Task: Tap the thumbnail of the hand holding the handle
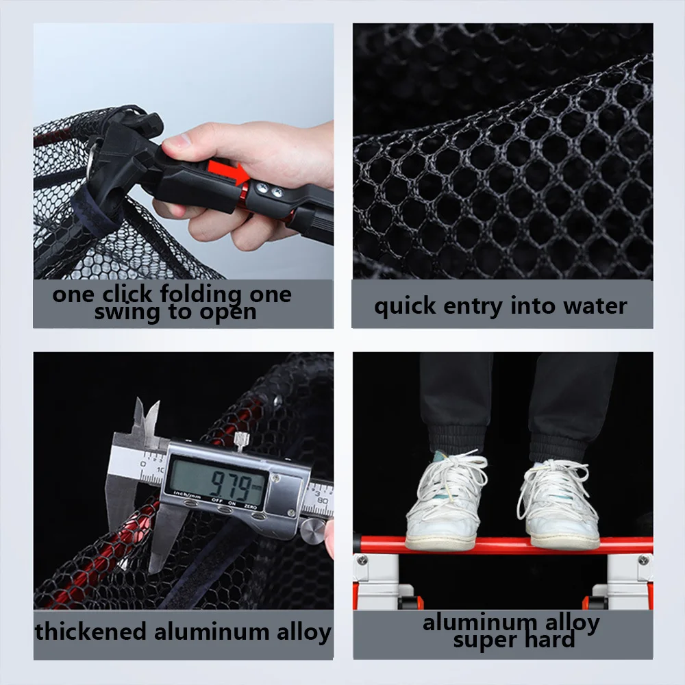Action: [184, 151]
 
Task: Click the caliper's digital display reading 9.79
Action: [217, 482]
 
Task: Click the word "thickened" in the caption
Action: [90, 632]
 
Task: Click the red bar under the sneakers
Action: [503, 545]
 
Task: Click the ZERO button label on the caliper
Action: [250, 506]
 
